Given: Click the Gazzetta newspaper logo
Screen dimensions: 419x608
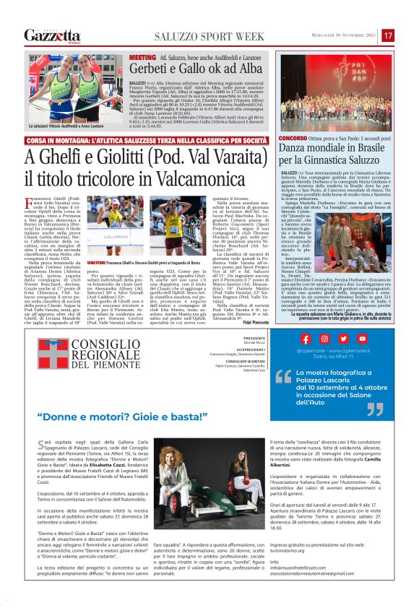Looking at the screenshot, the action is [x=53, y=35].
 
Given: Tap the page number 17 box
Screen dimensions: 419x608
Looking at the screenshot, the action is [x=388, y=35].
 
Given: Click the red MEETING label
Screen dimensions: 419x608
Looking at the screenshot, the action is [x=142, y=56].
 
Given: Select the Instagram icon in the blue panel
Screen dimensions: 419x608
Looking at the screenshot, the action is [x=325, y=339].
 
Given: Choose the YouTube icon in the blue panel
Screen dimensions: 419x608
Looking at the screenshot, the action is [x=362, y=339].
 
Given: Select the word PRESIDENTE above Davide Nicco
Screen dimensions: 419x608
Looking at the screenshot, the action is [x=254, y=337].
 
